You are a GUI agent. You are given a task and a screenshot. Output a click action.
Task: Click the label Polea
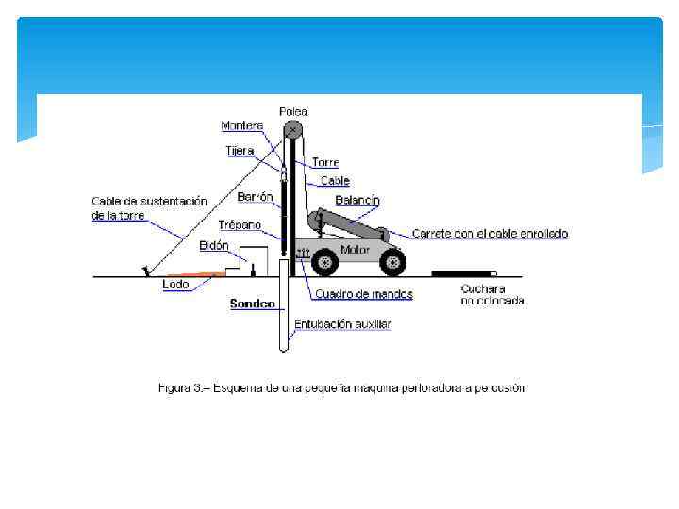293,111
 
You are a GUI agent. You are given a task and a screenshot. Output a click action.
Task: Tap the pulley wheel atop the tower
293,131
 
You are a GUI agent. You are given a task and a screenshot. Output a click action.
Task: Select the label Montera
242,125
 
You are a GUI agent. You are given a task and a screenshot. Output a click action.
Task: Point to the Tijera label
240,151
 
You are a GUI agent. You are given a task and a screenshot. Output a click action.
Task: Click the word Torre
326,162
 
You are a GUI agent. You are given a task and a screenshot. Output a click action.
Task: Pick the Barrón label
255,197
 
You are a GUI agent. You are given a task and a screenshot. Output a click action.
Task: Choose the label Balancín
357,200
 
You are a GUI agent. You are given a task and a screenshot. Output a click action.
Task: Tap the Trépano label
240,224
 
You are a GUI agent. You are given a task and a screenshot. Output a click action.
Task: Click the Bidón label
214,245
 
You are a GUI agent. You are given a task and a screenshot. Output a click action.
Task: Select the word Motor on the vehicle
355,250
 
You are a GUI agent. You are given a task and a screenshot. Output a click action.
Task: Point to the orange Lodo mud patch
199,274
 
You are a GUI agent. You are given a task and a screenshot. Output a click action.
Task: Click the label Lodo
175,284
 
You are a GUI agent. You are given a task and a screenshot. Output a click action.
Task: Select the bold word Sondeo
253,304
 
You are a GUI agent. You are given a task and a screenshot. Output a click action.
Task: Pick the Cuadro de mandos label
364,294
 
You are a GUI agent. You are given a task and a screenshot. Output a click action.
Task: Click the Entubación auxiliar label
342,323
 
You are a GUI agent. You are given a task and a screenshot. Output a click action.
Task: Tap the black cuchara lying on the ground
463,273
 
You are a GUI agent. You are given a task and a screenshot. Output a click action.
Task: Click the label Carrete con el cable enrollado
489,233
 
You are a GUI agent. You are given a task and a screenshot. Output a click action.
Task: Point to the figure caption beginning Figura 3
341,387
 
